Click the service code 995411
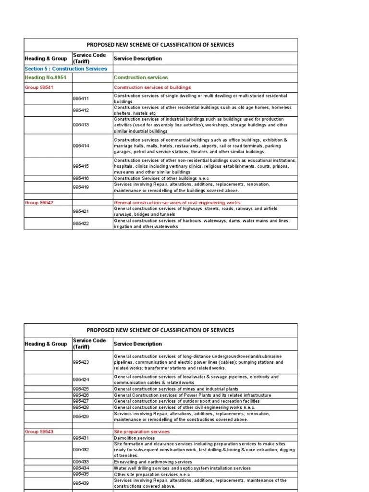coord(81,99)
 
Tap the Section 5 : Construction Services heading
coord(66,69)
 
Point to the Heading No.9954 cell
coord(45,77)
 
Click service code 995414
coord(81,146)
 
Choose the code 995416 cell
coord(81,178)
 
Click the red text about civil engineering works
coord(177,203)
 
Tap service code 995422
coord(81,223)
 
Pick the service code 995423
coord(81,362)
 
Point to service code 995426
coord(81,395)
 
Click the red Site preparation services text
coord(141,432)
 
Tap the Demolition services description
coord(134,438)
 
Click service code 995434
coord(81,468)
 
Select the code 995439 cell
coord(81,483)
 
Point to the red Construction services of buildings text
coord(152,87)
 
